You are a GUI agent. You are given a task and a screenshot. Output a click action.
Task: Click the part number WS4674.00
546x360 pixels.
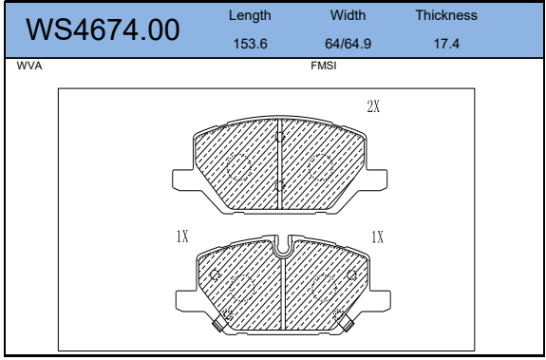[103, 30]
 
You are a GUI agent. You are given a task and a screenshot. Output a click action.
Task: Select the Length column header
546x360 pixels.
[250, 15]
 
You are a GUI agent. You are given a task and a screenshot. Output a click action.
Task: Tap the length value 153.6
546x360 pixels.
[250, 44]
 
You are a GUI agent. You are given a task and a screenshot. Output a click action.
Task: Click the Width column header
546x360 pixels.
[348, 15]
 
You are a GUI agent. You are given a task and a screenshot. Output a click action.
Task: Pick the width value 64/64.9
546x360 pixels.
[348, 44]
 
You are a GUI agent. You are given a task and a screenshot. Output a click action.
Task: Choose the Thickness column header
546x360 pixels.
[446, 15]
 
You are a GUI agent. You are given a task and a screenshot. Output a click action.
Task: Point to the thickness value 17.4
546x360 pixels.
[446, 44]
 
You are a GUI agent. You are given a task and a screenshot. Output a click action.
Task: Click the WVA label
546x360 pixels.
[29, 66]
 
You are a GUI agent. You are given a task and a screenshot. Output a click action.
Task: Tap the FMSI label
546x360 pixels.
[324, 66]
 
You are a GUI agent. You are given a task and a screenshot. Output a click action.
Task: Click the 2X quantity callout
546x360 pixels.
[373, 106]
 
